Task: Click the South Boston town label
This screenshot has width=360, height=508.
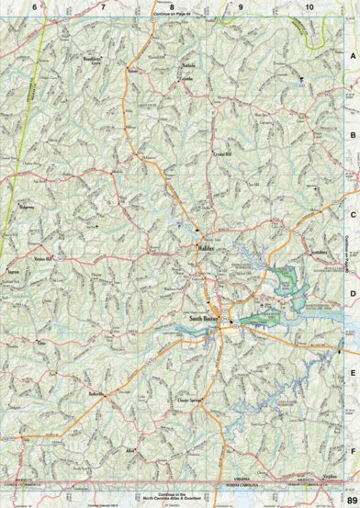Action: (204, 295)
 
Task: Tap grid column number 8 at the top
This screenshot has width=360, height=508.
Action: (171, 7)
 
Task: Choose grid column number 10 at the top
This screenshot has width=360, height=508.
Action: (309, 7)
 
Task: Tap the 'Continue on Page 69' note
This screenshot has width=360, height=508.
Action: (171, 15)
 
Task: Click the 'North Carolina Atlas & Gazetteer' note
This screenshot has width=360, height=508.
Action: (171, 498)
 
